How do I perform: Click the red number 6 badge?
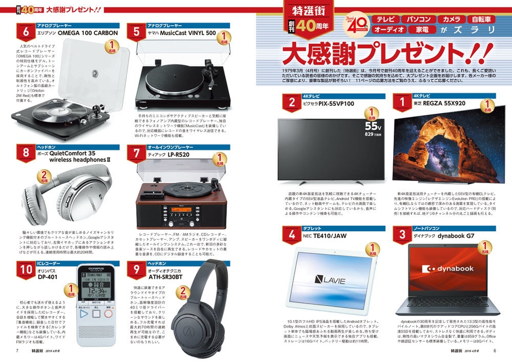pyautogui.click(x=25, y=31)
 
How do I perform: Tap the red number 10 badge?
pyautogui.click(x=25, y=269)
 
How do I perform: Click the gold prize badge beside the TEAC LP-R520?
pyautogui.click(x=221, y=159)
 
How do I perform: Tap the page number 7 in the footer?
pyautogui.click(x=17, y=351)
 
